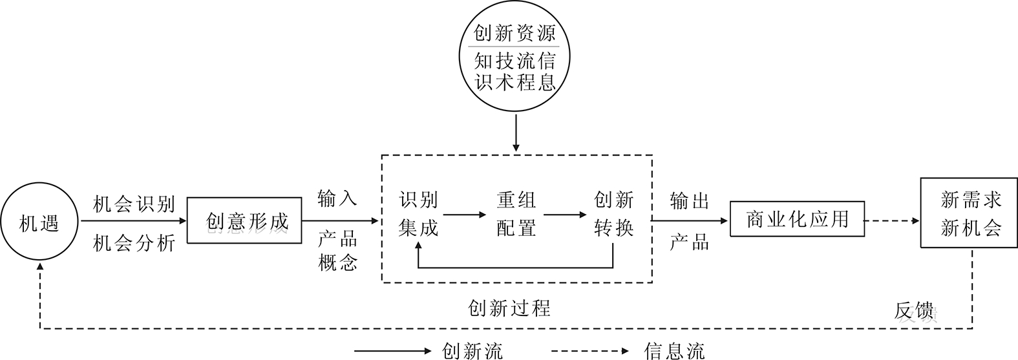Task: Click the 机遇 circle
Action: tap(39, 223)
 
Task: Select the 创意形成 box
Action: tap(246, 221)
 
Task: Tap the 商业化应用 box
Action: tap(796, 220)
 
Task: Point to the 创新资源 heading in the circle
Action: tap(514, 33)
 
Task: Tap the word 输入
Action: tap(337, 198)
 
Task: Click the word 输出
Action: tap(690, 201)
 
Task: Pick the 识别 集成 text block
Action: tap(419, 214)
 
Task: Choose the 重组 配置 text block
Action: tap(516, 214)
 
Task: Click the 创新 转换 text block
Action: tap(613, 214)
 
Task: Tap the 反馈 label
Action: tap(915, 312)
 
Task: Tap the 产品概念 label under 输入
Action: tap(337, 251)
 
